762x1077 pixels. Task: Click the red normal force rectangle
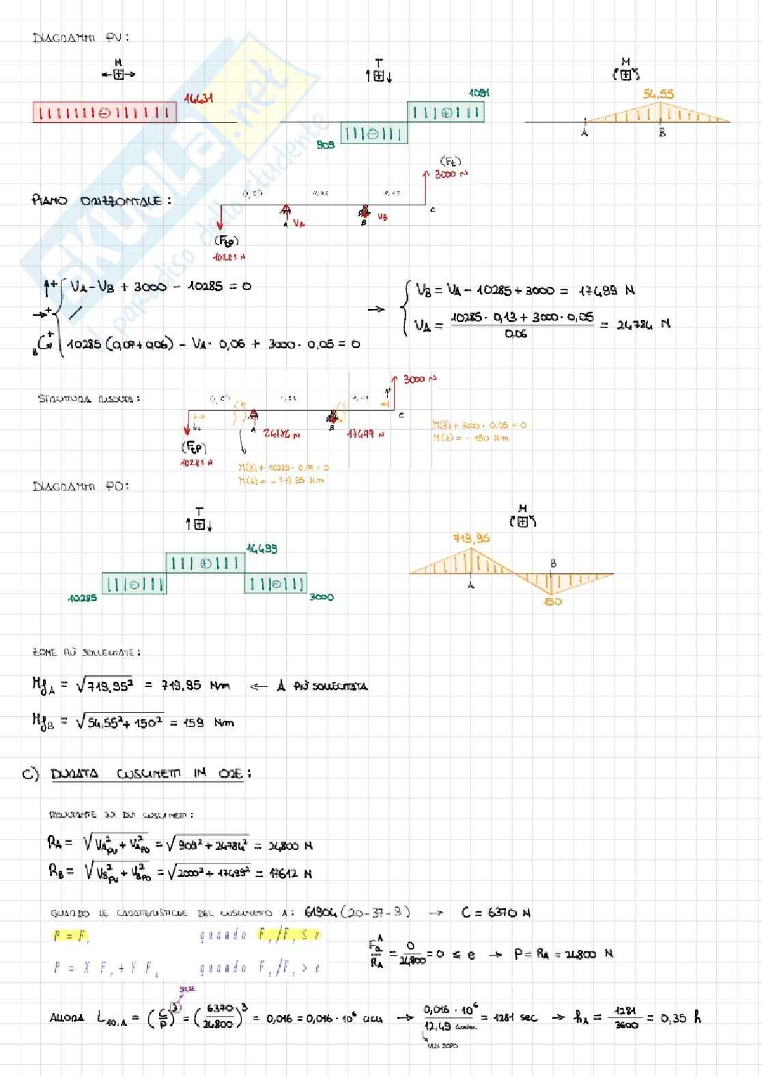(104, 113)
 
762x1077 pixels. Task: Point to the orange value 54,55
(658, 94)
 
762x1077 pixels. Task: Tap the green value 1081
(479, 93)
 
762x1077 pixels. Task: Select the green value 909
(326, 145)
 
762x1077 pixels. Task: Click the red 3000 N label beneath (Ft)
(451, 175)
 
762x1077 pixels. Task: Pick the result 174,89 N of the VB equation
(606, 291)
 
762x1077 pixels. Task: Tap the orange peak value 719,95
(471, 538)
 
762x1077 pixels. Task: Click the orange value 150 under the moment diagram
(552, 602)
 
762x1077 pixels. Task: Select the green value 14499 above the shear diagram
(262, 548)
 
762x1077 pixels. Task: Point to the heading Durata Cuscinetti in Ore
(150, 773)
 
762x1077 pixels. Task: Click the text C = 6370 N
(496, 913)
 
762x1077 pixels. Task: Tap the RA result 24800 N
(290, 846)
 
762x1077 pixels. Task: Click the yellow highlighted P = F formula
(71, 936)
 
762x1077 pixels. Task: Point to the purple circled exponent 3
(175, 1005)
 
